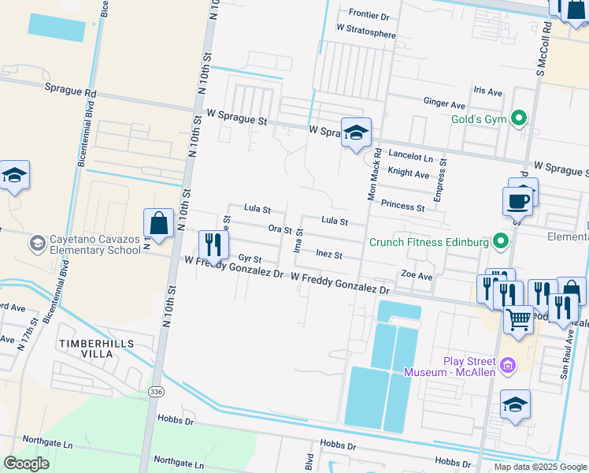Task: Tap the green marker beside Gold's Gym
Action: coord(518,118)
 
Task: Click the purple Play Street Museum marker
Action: coord(509,365)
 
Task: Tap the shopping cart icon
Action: coord(517,318)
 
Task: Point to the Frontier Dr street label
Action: coord(369,14)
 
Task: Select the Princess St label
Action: coord(402,207)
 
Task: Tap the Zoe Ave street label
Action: coord(417,277)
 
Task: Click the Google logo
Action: coord(27,464)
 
